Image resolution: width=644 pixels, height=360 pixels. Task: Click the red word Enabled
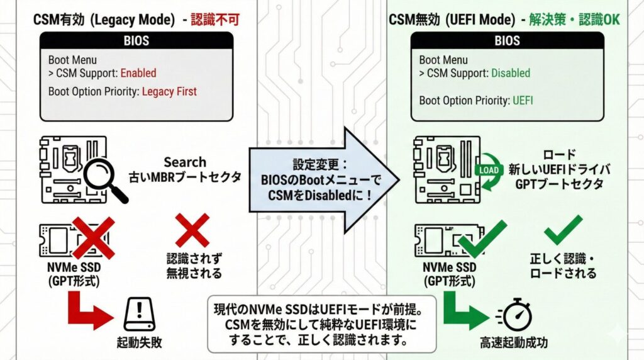pyautogui.click(x=138, y=73)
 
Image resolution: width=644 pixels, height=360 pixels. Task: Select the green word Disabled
pyautogui.click(x=511, y=73)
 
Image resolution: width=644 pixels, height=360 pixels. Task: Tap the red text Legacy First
pyautogui.click(x=169, y=91)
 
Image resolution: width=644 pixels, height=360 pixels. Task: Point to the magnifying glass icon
pyautogui.click(x=103, y=178)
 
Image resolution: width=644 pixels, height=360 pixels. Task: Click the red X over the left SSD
pyautogui.click(x=92, y=237)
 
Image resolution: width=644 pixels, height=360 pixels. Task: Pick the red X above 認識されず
pyautogui.click(x=192, y=230)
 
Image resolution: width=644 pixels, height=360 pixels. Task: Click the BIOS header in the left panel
pyautogui.click(x=136, y=41)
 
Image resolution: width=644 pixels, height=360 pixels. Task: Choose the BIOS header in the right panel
pyautogui.click(x=507, y=41)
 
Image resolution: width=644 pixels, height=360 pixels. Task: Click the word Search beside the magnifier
pyautogui.click(x=185, y=162)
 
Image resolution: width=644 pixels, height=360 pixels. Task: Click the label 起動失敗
pyautogui.click(x=139, y=343)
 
